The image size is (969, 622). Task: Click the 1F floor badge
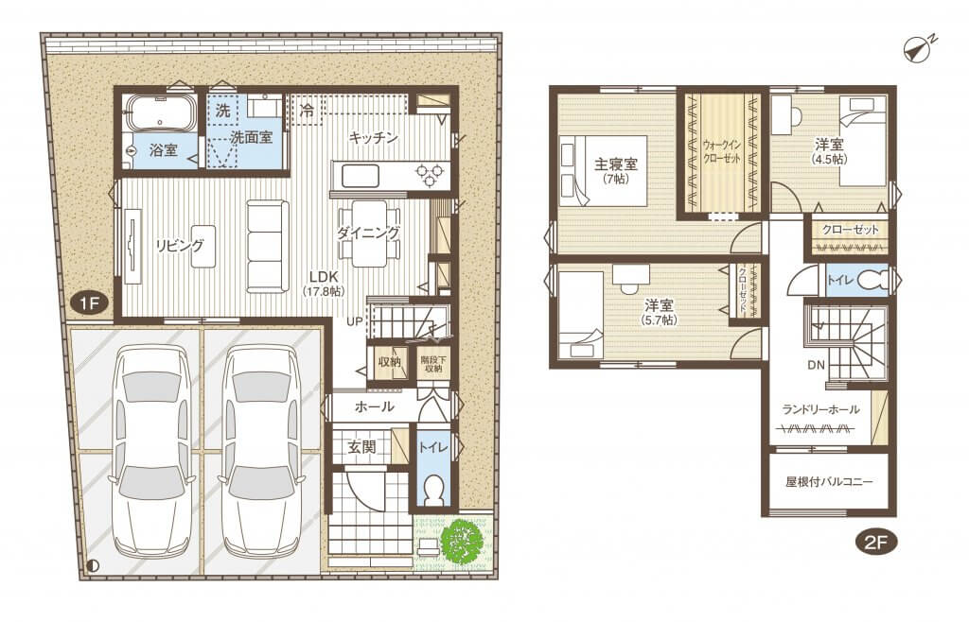[90, 303]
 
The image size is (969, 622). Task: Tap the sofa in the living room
[268, 246]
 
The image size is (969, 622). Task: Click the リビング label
[179, 246]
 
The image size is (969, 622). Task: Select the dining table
[370, 234]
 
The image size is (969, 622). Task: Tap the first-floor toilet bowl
[433, 492]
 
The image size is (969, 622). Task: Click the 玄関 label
[361, 446]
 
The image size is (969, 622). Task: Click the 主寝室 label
[615, 164]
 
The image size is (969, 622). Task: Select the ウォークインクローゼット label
[722, 151]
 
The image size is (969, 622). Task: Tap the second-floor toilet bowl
[872, 281]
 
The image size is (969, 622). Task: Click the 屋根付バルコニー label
[829, 482]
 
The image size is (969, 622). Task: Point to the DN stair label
[816, 365]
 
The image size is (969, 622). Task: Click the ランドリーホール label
[820, 409]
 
